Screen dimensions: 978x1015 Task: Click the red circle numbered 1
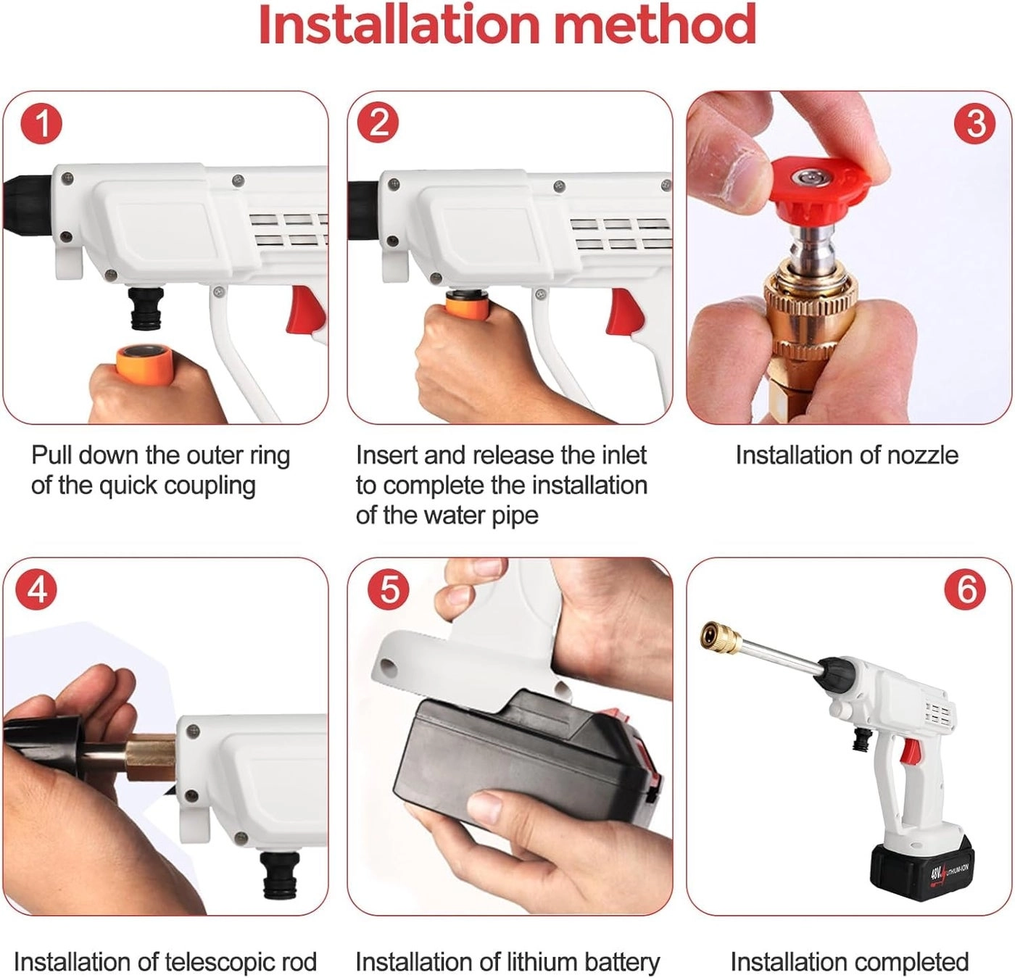[41, 124]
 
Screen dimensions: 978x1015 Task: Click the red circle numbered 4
[37, 590]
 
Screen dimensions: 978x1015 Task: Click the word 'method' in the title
[654, 25]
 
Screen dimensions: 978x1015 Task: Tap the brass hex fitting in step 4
[151, 757]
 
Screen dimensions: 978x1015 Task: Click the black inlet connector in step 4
[278, 875]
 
